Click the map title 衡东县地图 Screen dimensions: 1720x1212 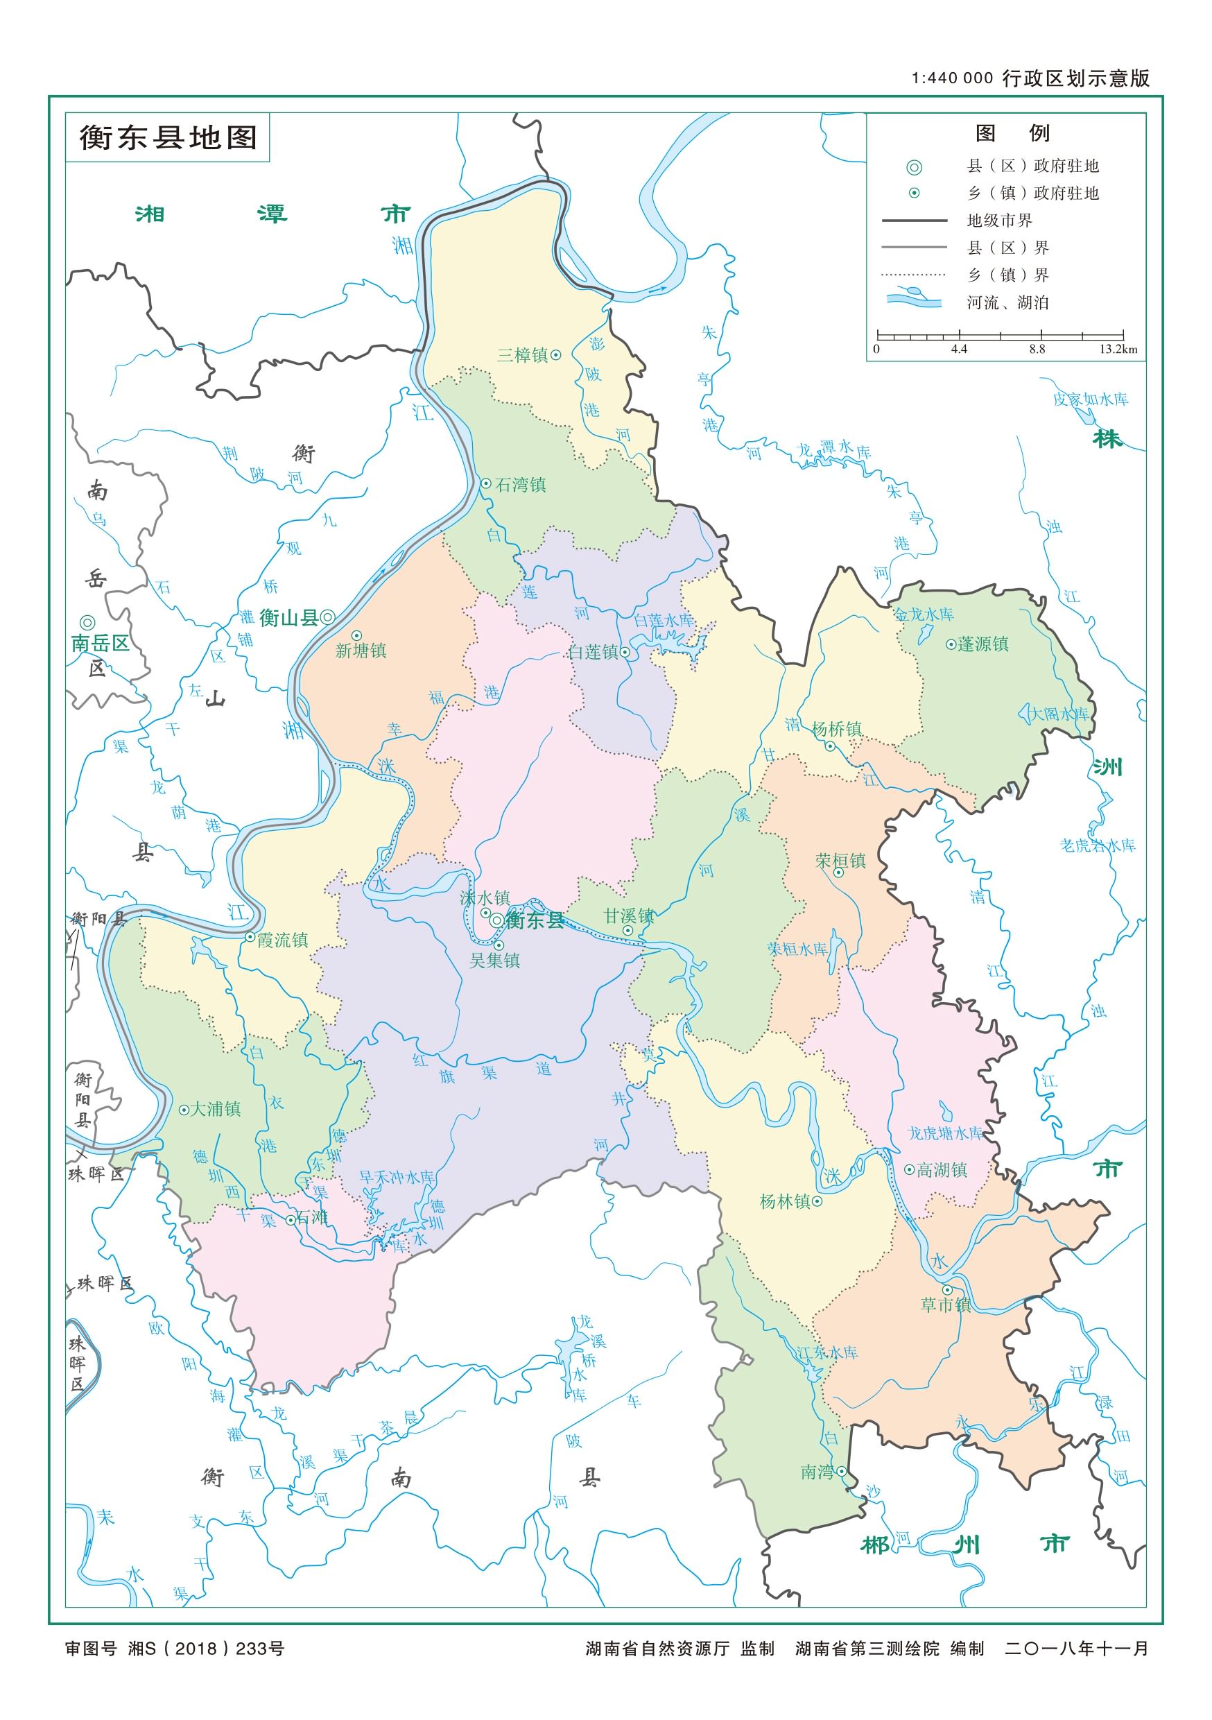pyautogui.click(x=168, y=138)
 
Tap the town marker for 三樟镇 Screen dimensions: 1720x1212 pyautogui.click(x=556, y=355)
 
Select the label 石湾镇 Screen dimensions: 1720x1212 pyautogui.click(x=521, y=485)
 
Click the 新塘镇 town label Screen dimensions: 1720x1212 pyautogui.click(x=361, y=651)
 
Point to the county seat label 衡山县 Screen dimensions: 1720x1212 pyautogui.click(x=288, y=617)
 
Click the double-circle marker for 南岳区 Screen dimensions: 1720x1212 pyautogui.click(x=87, y=623)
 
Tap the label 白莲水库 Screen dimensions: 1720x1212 pyautogui.click(x=664, y=620)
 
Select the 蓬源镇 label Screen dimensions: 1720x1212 pyautogui.click(x=982, y=644)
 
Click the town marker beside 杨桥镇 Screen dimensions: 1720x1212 pyautogui.click(x=830, y=746)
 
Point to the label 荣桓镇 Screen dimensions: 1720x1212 pyautogui.click(x=840, y=861)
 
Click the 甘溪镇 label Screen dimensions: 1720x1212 pyautogui.click(x=629, y=915)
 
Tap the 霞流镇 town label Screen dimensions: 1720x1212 pyautogui.click(x=282, y=940)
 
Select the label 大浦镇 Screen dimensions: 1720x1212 pyautogui.click(x=216, y=1109)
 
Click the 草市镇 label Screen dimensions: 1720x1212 pyautogui.click(x=946, y=1305)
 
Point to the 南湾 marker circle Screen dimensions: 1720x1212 pyautogui.click(x=842, y=1470)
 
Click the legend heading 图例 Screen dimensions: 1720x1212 pyautogui.click(x=1012, y=133)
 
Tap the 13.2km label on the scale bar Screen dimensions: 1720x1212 pyautogui.click(x=1118, y=349)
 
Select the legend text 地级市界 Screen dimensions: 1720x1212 pyautogui.click(x=999, y=221)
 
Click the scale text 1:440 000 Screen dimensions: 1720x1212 pyautogui.click(x=952, y=78)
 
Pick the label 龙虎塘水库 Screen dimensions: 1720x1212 pyautogui.click(x=945, y=1133)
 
